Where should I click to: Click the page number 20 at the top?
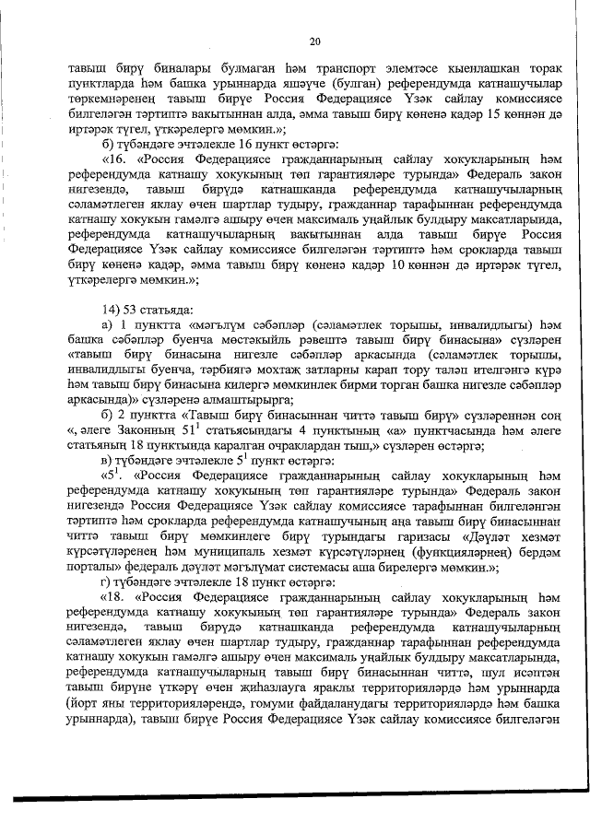(x=314, y=41)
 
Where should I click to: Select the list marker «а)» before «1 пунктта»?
(x=106, y=324)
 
